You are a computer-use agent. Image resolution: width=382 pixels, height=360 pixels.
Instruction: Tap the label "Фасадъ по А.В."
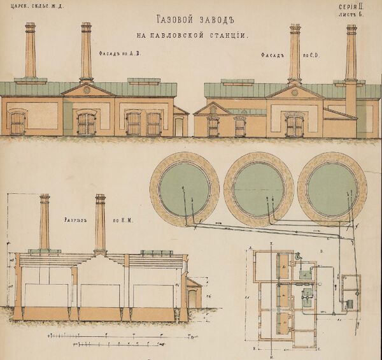pos(119,54)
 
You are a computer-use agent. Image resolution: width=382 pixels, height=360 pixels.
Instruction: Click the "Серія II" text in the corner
pos(350,8)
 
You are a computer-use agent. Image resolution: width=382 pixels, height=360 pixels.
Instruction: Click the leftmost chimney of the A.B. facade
pos(31,51)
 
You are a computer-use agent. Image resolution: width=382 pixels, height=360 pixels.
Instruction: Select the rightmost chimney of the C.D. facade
pos(351,54)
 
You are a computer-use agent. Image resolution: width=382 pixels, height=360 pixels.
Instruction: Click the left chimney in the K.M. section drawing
pos(45,221)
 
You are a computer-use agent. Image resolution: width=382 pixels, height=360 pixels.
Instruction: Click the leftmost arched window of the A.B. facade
pos(18,122)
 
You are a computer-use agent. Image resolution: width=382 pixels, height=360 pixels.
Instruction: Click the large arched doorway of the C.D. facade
pos(294,124)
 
